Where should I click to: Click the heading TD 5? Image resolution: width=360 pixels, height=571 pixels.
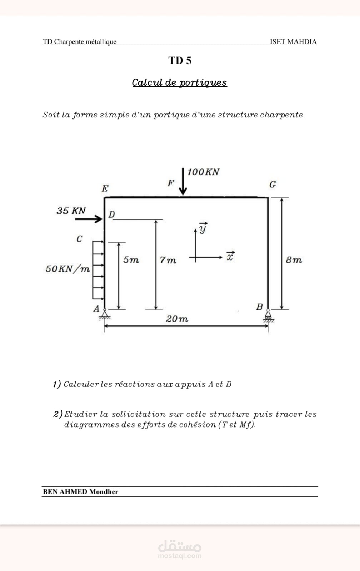point(180,60)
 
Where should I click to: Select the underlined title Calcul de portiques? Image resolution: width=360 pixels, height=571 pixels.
point(179,82)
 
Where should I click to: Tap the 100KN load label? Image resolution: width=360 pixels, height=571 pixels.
point(203,172)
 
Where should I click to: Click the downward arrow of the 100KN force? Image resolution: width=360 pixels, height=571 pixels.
point(183,182)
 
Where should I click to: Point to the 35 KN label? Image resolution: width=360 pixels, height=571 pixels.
point(71,211)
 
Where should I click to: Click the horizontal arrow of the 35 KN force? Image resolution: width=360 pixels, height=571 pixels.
point(89,219)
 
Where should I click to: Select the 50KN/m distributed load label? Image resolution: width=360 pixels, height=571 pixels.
point(67,269)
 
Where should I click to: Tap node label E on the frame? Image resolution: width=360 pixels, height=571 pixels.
point(105,189)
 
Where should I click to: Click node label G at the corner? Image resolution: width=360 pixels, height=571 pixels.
point(272,184)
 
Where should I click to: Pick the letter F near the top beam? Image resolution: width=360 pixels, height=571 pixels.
point(171,183)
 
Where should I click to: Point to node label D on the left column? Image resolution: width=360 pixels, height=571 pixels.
point(111,214)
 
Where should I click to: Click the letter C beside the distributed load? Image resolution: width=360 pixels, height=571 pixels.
point(80,239)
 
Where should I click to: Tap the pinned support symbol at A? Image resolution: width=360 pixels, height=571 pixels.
point(105,314)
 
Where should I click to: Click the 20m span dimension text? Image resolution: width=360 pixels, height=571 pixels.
point(177,319)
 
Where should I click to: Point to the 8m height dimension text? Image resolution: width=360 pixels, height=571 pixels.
point(294,260)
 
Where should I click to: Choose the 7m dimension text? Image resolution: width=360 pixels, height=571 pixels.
point(167,260)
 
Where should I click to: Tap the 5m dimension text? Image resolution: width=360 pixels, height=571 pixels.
point(131,260)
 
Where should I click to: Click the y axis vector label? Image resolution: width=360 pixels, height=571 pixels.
point(203,228)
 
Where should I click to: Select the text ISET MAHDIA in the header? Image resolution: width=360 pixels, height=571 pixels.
point(294,41)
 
